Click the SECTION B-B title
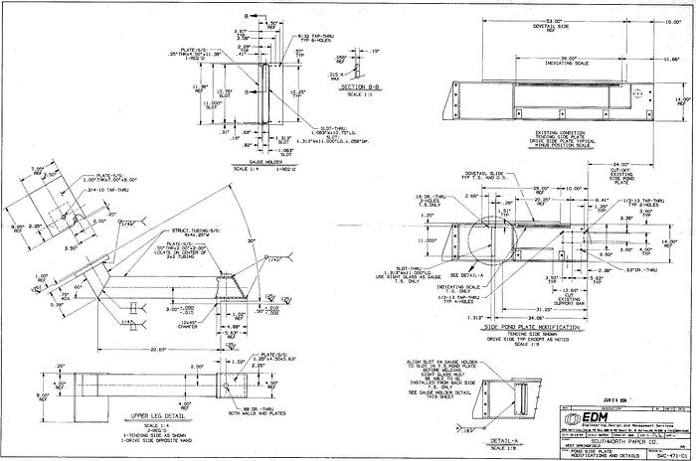coord(361,86)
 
